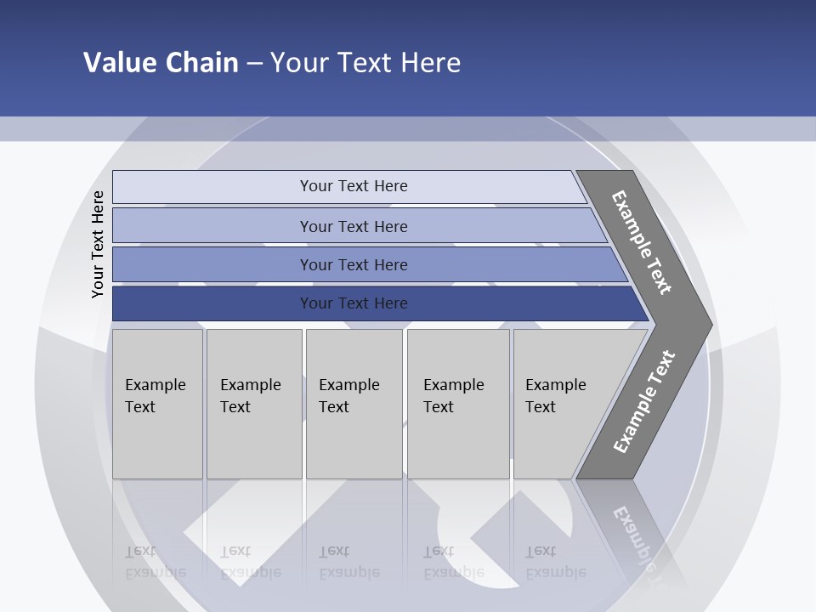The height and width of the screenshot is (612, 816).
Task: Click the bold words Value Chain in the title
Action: (x=161, y=63)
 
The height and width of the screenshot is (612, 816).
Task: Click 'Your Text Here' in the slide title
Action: (x=365, y=63)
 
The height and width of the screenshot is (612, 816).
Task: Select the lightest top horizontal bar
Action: (x=353, y=186)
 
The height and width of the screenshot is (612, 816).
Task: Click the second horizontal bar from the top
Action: (x=353, y=226)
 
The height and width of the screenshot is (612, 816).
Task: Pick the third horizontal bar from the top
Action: (x=353, y=264)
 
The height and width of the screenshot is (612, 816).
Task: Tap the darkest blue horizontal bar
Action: (x=353, y=303)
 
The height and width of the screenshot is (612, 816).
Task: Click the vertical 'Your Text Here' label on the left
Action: (x=98, y=244)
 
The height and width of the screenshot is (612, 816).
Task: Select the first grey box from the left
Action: (x=157, y=404)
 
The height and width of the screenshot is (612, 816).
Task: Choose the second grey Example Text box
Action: (x=253, y=404)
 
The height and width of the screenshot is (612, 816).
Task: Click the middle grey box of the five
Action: (x=354, y=404)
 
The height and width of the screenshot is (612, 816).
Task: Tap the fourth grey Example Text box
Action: (x=458, y=404)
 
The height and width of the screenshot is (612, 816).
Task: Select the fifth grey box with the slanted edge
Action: (x=561, y=404)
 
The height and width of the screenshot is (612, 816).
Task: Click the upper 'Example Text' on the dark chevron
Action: (x=642, y=242)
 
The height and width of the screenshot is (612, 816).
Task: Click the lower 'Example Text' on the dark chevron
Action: (x=644, y=402)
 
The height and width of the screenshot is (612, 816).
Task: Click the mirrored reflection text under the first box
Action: (x=155, y=563)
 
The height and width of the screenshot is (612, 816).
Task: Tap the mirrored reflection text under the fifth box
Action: (x=555, y=563)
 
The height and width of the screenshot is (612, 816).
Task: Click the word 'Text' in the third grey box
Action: (x=334, y=407)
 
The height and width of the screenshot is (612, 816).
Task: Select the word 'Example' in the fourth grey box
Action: (x=453, y=385)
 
